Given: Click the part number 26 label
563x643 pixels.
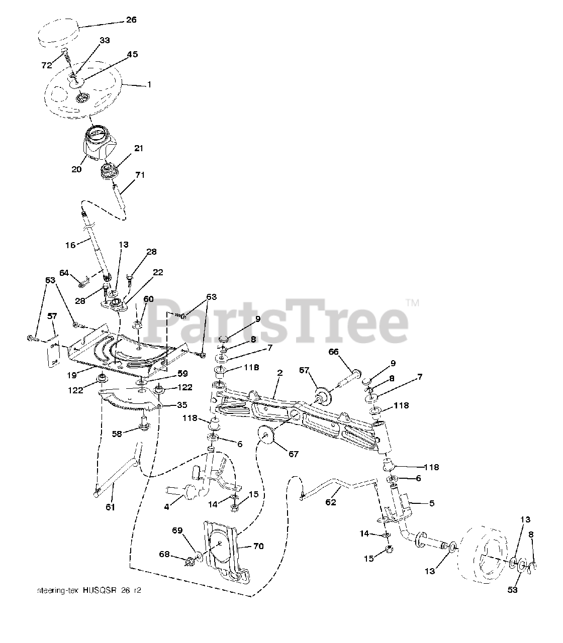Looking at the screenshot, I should [x=130, y=21].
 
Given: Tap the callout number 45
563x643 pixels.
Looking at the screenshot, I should [x=132, y=54].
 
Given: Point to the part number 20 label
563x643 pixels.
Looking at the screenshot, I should [x=76, y=169].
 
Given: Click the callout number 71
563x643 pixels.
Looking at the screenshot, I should [x=140, y=174].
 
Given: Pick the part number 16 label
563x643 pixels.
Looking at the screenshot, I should [x=70, y=245].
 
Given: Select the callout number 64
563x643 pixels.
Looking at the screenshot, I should [x=64, y=273].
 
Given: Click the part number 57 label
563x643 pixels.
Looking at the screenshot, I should [x=53, y=316].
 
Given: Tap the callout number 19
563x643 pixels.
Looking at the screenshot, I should [x=70, y=375].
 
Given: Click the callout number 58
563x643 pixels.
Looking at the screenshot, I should [x=117, y=434].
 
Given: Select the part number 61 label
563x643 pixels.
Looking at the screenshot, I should [x=110, y=507].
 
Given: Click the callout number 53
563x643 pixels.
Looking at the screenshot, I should [x=512, y=590].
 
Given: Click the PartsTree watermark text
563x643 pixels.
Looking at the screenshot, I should [x=279, y=319].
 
